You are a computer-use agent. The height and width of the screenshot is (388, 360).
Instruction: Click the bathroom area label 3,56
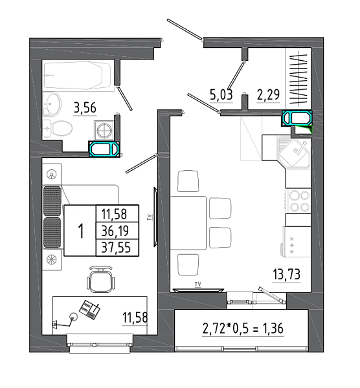pos(85,108)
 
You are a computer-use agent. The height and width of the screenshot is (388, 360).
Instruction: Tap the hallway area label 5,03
pos(221,94)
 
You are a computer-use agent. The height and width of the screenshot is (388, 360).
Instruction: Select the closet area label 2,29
pos(268,94)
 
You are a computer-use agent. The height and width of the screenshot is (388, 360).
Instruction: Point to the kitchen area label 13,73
pos(286,274)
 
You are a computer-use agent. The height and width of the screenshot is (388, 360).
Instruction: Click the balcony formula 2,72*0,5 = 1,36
pos(243,329)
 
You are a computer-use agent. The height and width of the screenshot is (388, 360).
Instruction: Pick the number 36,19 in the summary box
pos(115,231)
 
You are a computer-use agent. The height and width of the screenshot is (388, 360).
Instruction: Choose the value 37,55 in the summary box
pos(116,248)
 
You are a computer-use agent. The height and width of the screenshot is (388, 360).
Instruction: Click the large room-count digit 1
pos(81,231)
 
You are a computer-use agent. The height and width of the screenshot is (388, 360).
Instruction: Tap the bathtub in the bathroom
pos(78,75)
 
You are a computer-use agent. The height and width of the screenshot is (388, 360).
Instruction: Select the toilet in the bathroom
pos(58,129)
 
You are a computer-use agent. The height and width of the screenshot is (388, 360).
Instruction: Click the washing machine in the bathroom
pos(104,130)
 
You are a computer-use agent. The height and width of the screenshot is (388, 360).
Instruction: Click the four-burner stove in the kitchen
pos(298,201)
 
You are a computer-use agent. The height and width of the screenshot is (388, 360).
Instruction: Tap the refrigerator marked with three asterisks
pos(297,242)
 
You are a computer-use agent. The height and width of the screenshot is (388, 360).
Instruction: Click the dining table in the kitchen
pos(188,223)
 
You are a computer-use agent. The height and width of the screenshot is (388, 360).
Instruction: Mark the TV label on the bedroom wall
pos(149,217)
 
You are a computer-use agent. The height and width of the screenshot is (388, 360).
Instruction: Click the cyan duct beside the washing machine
pos(104,149)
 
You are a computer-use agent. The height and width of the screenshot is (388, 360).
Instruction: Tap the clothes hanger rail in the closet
pos(298,78)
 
